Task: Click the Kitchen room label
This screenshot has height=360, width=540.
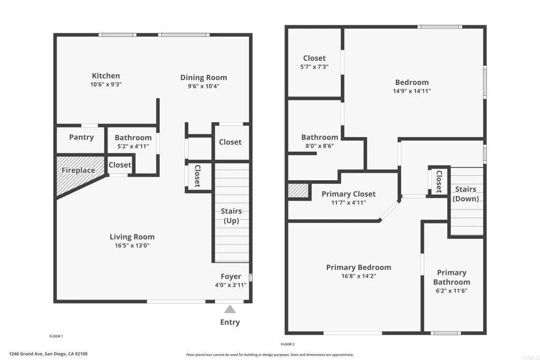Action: pyautogui.click(x=106, y=76)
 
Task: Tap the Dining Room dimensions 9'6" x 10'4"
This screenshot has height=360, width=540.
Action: pyautogui.click(x=204, y=86)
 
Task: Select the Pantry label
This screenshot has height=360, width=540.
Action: pyautogui.click(x=81, y=137)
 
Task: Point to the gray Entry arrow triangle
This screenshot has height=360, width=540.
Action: pyautogui.click(x=230, y=309)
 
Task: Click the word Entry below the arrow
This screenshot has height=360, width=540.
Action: pyautogui.click(x=230, y=322)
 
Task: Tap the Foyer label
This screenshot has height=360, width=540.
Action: pyautogui.click(x=231, y=276)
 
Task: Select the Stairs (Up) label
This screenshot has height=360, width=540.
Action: pyautogui.click(x=231, y=216)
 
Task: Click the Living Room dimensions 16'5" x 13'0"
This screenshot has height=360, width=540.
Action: pyautogui.click(x=132, y=246)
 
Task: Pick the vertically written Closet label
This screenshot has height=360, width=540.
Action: pyautogui.click(x=197, y=176)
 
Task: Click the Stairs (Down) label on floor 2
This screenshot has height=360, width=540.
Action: pyautogui.click(x=466, y=194)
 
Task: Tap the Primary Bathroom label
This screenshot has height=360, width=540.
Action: pyautogui.click(x=452, y=277)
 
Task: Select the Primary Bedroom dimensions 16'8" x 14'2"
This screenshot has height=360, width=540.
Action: pyautogui.click(x=359, y=276)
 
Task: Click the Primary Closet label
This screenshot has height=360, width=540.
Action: pyautogui.click(x=349, y=194)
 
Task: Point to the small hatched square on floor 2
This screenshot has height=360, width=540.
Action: pyautogui.click(x=298, y=191)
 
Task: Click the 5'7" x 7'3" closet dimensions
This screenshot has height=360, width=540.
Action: pyautogui.click(x=314, y=67)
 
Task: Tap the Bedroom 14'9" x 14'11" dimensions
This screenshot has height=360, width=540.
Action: pyautogui.click(x=412, y=91)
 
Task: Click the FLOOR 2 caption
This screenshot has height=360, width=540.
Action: pyautogui.click(x=287, y=344)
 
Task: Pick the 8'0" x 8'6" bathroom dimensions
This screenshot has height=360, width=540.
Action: pyautogui.click(x=320, y=145)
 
